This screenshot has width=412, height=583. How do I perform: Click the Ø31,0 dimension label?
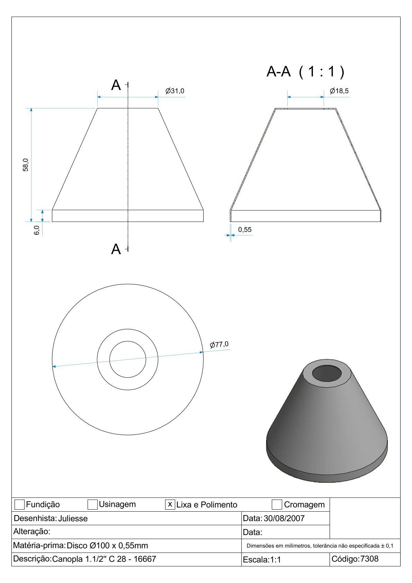coord(174,91)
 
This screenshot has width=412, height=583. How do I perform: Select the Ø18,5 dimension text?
coord(339,91)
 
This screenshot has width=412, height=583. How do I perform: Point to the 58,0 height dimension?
coord(26,165)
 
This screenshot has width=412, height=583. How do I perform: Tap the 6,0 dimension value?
coord(37,230)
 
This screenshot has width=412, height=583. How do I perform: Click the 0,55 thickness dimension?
coord(245,230)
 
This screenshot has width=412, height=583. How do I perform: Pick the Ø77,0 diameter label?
coord(219,344)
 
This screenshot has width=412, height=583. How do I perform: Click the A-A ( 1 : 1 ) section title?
coord(306,72)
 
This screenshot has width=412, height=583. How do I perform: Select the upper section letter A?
coord(116,85)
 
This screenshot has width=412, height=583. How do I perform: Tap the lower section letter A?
coord(116,249)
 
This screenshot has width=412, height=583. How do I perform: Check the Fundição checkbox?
coord(19,504)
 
